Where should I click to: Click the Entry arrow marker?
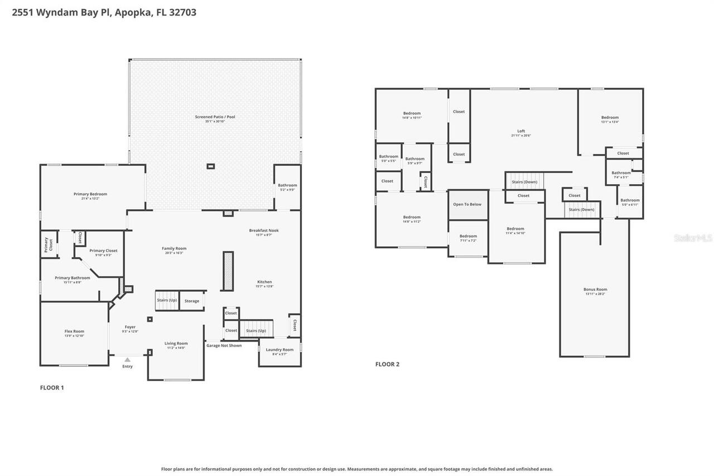127,360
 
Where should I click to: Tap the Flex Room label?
74,331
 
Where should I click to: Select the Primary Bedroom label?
90,194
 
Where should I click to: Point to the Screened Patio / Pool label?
215,117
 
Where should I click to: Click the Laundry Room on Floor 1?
279,350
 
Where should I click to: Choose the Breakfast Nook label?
264,230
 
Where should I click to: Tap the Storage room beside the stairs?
192,301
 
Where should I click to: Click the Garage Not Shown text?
224,345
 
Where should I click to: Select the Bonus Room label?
595,290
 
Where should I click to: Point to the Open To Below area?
467,204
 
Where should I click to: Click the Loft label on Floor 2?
521,132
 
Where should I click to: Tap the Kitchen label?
264,282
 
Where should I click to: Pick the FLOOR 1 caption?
52,388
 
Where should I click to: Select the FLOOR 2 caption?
387,364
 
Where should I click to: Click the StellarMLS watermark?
693,238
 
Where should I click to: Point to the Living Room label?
176,344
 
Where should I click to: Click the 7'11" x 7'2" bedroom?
468,237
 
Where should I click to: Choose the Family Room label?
174,249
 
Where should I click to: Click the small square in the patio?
210,166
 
